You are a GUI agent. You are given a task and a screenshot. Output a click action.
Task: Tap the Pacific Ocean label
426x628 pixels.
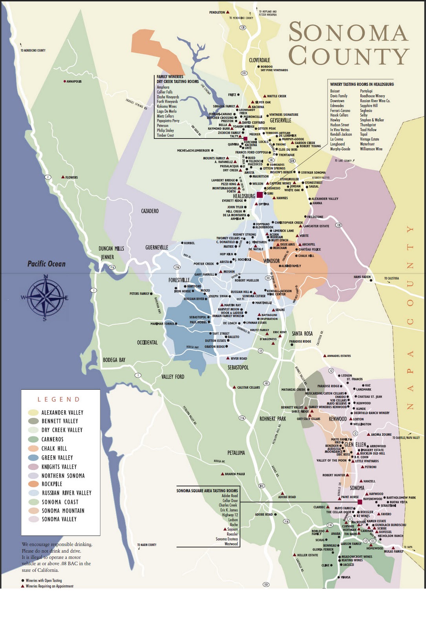(46, 264)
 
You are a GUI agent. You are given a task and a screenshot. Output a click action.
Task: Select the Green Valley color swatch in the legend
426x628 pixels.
(33, 458)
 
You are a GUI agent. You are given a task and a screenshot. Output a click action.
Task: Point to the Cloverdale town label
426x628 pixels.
(260, 60)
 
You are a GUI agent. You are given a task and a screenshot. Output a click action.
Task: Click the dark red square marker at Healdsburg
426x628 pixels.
(260, 195)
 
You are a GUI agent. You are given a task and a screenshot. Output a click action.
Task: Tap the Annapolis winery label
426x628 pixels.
(74, 82)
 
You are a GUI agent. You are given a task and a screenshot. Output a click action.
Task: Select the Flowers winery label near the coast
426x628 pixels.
(71, 177)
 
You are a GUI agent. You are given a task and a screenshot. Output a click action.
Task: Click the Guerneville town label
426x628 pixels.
(157, 248)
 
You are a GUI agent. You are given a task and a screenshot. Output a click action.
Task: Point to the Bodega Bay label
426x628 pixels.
(114, 360)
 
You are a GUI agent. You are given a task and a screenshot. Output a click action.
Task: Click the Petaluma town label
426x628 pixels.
(236, 453)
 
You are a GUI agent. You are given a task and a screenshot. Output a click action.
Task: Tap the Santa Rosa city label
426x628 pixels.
(302, 334)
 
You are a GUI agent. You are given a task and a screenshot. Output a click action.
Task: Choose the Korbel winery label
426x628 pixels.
(189, 243)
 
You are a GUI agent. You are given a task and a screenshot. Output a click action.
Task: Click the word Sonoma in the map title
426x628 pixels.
(347, 32)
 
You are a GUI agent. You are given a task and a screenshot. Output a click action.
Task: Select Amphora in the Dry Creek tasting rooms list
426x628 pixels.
(163, 87)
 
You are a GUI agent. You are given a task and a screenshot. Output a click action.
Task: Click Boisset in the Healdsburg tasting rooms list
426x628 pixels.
(335, 91)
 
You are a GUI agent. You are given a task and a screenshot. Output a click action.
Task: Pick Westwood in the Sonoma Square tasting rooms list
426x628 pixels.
(231, 544)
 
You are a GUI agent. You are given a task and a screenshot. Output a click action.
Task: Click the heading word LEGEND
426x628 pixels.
(59, 399)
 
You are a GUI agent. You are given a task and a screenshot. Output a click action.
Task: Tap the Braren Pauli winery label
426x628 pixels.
(234, 474)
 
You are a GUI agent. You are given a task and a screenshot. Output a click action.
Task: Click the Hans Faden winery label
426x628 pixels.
(362, 277)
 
